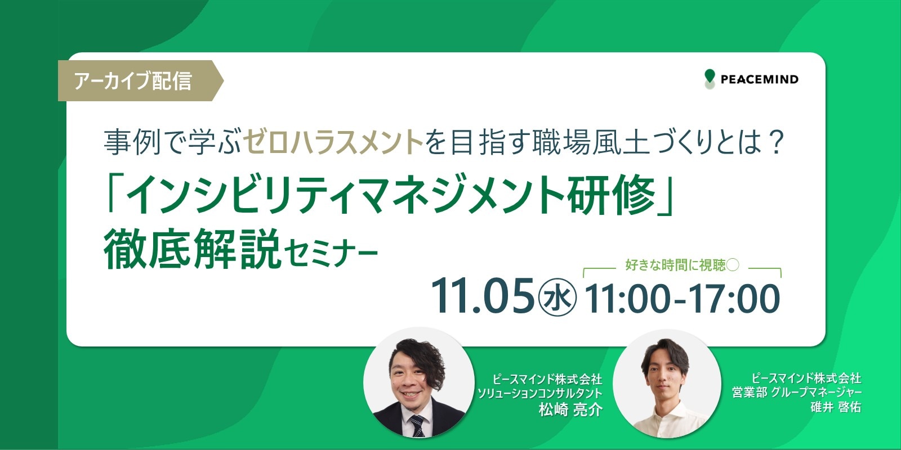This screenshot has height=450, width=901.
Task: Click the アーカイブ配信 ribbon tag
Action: click(140, 81)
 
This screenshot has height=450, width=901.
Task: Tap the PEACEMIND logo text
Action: click(760, 79)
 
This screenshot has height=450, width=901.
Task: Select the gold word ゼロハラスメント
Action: click(333, 143)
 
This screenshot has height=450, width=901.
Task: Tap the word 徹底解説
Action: click(192, 249)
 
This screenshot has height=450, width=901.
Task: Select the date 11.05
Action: click(482, 296)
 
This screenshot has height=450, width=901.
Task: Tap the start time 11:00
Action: click(627, 298)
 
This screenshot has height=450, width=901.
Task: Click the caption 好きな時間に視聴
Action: click(675, 265)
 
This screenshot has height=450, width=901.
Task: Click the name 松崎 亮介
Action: click(570, 410)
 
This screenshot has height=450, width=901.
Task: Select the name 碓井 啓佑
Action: click(836, 407)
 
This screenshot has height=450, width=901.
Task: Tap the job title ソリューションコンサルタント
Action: click(539, 393)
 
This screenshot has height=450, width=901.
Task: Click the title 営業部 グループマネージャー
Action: click(796, 392)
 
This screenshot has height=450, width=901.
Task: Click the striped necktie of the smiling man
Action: click(417, 425)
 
